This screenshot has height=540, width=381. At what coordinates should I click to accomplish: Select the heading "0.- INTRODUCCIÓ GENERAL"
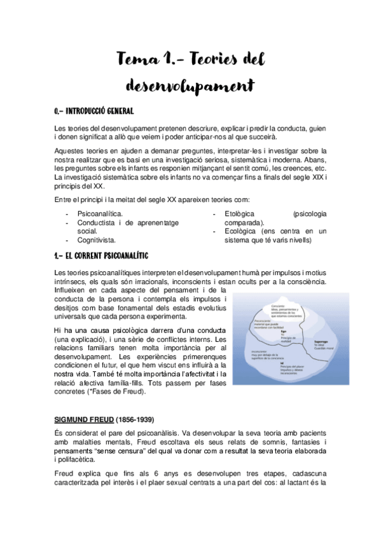[x=94, y=111]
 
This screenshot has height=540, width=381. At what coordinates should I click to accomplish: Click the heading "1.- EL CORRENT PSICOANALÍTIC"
[x=101, y=255]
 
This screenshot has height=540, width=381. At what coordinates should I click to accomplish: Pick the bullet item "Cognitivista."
[x=96, y=240]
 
